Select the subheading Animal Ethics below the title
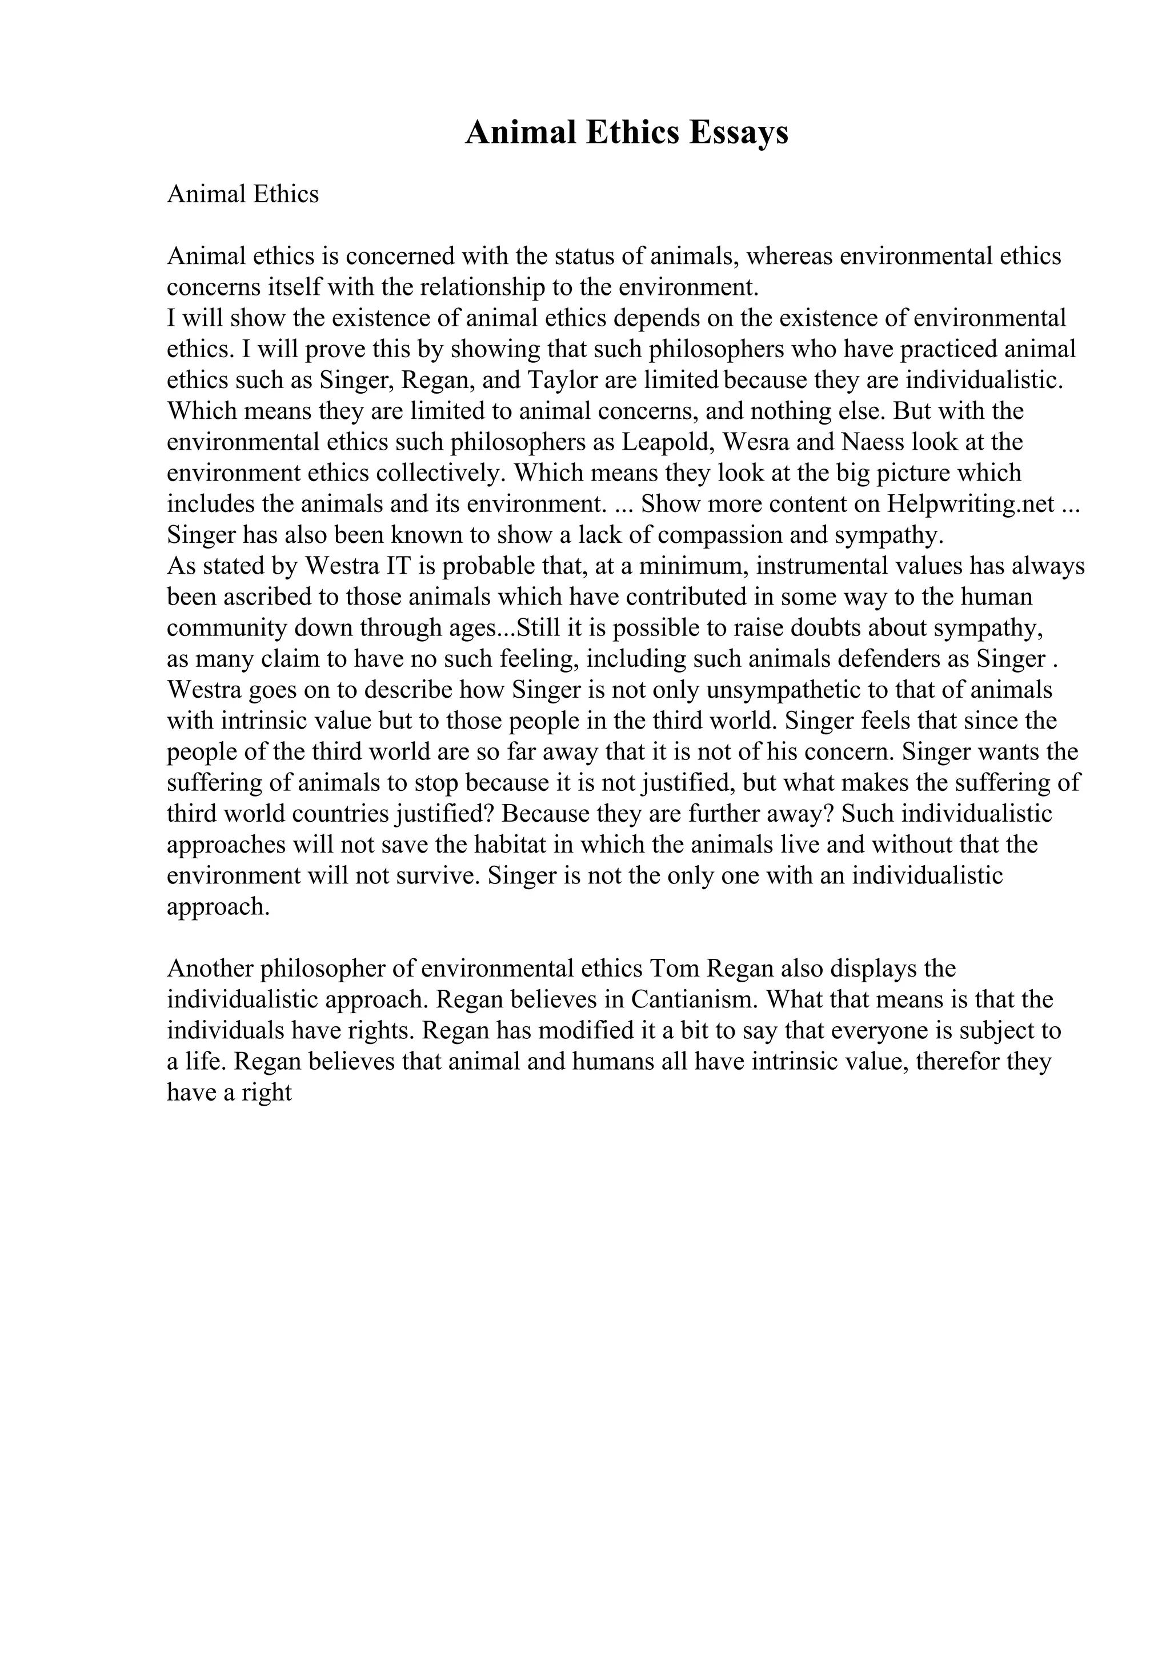[x=242, y=194]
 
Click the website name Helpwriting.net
[x=971, y=504]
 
